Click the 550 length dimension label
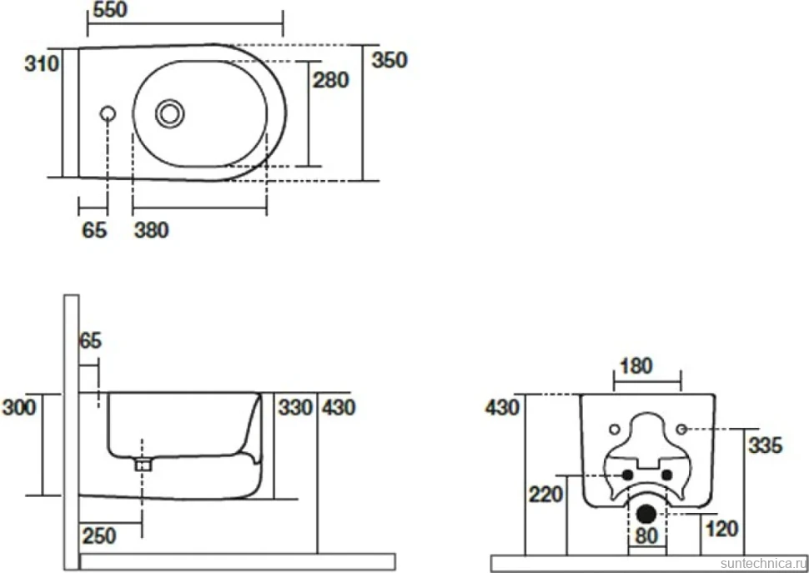(x=110, y=10)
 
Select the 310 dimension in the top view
(x=42, y=64)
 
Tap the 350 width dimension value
(x=390, y=60)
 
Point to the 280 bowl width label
(x=331, y=80)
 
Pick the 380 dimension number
(x=152, y=230)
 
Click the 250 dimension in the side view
(x=99, y=535)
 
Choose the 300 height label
(x=20, y=408)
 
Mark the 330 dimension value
(x=295, y=408)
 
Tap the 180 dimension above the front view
(x=636, y=366)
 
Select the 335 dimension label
(x=766, y=445)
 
